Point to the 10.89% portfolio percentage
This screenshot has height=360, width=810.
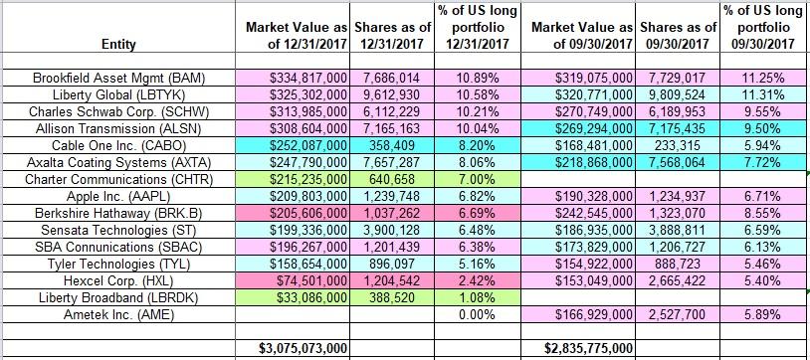click(472, 78)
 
